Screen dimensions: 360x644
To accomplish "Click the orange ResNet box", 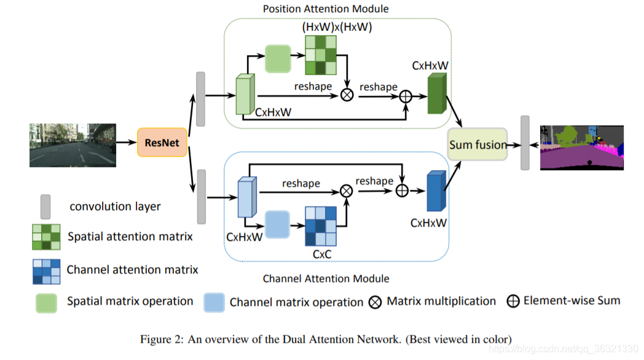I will click(162, 143).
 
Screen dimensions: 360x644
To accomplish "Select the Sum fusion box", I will click(477, 144).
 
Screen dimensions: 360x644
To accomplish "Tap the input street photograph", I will click(72, 145).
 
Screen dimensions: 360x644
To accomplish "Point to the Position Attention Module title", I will click(326, 9).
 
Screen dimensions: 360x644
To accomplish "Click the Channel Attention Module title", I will click(326, 278).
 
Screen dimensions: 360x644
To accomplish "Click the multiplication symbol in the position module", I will click(347, 95).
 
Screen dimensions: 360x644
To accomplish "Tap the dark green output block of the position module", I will click(435, 95).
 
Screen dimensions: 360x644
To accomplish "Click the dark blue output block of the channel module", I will click(435, 190).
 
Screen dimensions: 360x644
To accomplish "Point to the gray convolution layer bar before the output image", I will click(525, 143).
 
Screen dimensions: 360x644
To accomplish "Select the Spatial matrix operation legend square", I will click(45, 302).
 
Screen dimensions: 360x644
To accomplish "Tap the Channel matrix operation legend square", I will click(214, 302).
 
